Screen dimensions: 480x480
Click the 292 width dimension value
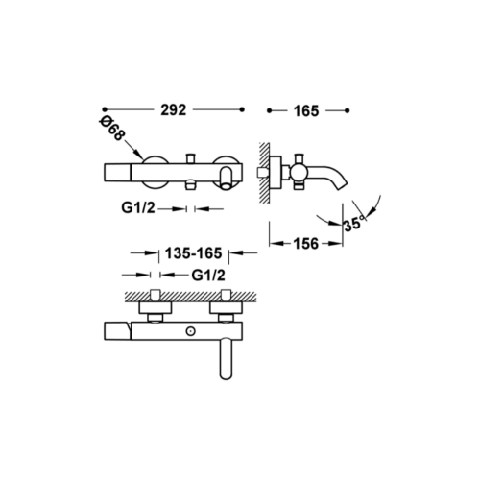pyautogui.click(x=174, y=110)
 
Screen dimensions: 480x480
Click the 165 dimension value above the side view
pyautogui.click(x=306, y=111)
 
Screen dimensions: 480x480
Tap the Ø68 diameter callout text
pyautogui.click(x=111, y=129)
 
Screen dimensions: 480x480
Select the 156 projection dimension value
pyautogui.click(x=306, y=244)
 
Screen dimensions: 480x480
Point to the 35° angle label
pyautogui.click(x=354, y=223)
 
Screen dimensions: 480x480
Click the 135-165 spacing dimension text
pyautogui.click(x=193, y=253)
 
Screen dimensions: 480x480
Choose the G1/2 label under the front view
pyautogui.click(x=138, y=208)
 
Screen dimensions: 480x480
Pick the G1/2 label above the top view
pyautogui.click(x=208, y=276)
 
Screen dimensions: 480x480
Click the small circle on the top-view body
pyautogui.click(x=191, y=331)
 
